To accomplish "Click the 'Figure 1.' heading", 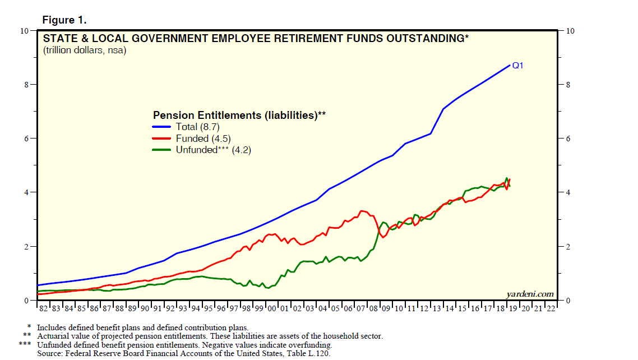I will click(x=64, y=20).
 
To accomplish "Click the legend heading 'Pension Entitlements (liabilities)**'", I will click(x=239, y=115).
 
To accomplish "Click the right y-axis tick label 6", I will click(x=570, y=139).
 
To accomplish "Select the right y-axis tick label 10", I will click(x=572, y=31).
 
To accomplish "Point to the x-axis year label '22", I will click(x=551, y=308).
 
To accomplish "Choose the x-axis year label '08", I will click(x=373, y=308).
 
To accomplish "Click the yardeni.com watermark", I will click(x=529, y=294).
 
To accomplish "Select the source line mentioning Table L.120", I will click(x=184, y=353).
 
